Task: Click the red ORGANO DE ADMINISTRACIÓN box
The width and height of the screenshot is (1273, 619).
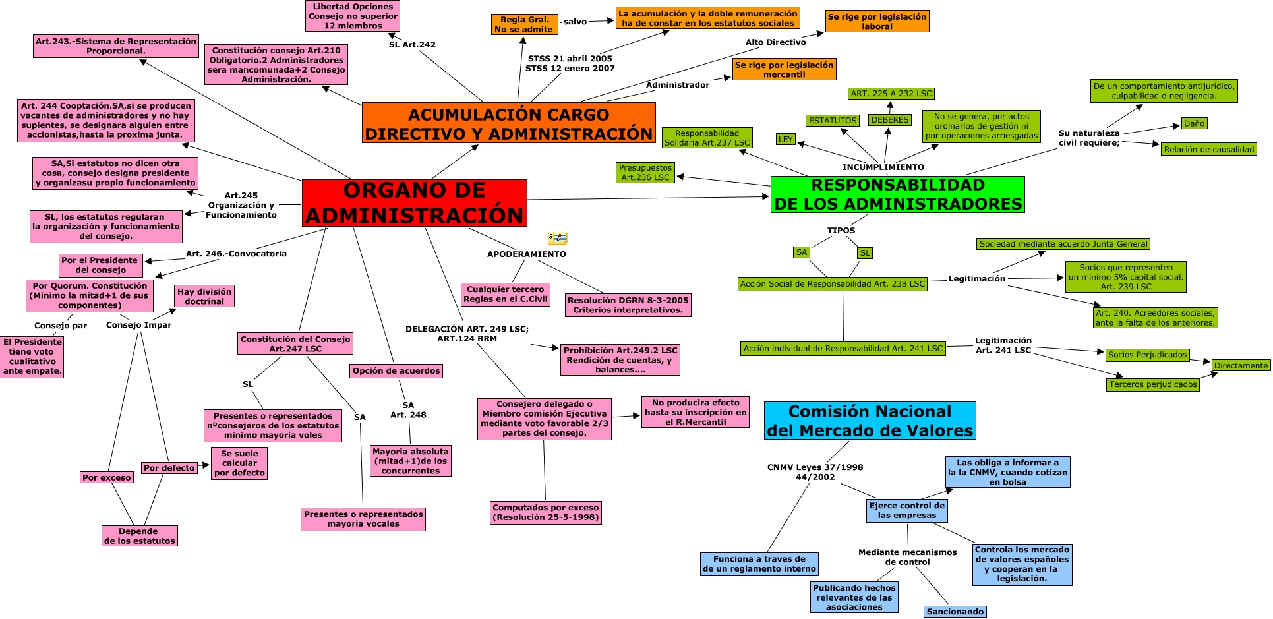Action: tap(414, 203)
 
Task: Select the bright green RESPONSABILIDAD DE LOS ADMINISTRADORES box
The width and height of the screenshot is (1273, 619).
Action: tap(897, 194)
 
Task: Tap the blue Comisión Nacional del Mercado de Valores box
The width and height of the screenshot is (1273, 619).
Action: tap(870, 421)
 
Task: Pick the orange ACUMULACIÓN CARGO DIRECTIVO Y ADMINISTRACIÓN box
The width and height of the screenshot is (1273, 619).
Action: tap(508, 123)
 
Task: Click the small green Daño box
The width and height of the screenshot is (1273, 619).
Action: tap(1194, 123)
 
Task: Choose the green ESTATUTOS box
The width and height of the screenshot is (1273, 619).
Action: tap(833, 121)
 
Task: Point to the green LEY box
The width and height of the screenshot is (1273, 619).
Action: tap(785, 139)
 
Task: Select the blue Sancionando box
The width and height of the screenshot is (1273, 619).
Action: tap(955, 612)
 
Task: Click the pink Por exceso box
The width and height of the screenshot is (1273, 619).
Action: tap(107, 477)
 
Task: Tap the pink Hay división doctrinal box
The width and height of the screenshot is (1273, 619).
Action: tap(204, 297)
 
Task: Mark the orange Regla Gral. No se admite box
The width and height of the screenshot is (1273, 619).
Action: tap(524, 24)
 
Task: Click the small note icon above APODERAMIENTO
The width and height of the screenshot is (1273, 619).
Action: tap(557, 238)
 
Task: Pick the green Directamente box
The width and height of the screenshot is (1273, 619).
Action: tap(1241, 365)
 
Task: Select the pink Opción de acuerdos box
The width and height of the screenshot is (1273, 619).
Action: tap(396, 371)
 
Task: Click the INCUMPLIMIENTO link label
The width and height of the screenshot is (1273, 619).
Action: tap(883, 167)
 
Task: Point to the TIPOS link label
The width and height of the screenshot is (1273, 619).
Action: tap(841, 231)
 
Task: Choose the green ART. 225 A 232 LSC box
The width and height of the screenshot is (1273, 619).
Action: tap(891, 94)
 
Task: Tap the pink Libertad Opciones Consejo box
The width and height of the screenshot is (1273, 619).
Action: tap(353, 16)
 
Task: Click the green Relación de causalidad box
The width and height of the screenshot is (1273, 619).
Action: tap(1209, 150)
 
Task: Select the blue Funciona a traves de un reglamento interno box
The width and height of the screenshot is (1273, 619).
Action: tap(759, 564)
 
